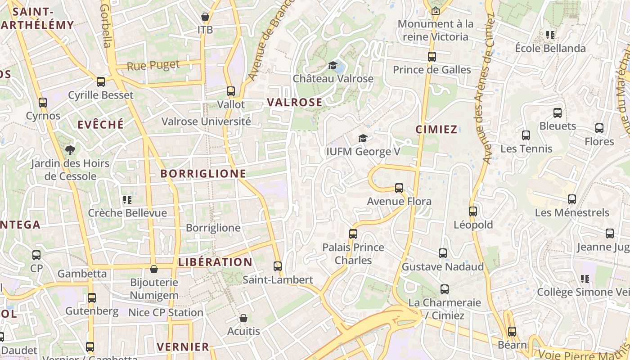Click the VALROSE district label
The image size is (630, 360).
tap(295, 102)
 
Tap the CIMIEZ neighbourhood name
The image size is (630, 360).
tap(436, 130)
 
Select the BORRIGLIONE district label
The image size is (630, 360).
tap(203, 173)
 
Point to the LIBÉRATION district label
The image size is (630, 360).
tap(216, 262)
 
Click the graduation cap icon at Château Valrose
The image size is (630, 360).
tap(333, 66)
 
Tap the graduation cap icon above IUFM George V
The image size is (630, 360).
tap(363, 138)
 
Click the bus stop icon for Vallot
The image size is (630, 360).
tap(231, 91)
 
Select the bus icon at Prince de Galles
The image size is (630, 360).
tap(432, 57)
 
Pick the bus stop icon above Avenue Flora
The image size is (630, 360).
tap(399, 188)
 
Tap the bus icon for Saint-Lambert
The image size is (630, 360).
tap(278, 266)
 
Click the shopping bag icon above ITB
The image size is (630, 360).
tap(205, 17)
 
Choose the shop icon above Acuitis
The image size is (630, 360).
tap(243, 318)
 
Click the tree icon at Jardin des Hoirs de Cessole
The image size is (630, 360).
tap(70, 150)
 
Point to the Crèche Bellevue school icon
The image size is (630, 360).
tap(127, 199)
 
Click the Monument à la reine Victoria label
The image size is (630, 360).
tap(436, 30)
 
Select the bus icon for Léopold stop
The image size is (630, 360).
tap(473, 211)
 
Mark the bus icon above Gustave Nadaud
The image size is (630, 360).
tap(443, 253)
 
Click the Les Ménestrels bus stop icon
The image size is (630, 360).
tap(572, 199)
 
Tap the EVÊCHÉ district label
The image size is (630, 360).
tap(100, 125)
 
